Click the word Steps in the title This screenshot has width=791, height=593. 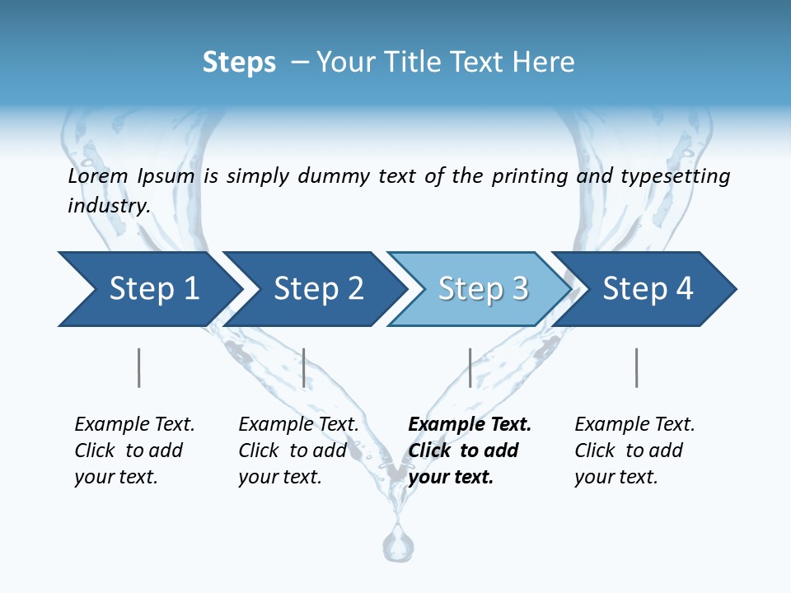pos(239,63)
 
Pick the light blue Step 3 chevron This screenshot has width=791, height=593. pos(483,289)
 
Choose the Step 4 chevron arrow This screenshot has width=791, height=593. pos(648,289)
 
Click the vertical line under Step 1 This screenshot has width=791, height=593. pos(139,367)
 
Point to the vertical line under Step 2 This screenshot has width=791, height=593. pos(304,367)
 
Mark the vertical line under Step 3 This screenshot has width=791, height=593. pos(470,367)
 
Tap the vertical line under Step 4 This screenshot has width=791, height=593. pos(637,367)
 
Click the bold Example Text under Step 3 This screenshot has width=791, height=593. pos(470,425)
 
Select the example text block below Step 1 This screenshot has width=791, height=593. pos(133,451)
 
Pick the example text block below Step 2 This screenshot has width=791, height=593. pos(297,451)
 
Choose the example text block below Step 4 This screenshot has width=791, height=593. pos(634,451)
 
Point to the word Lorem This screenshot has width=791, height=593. pos(98,176)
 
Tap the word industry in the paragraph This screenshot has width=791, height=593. pos(108,206)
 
